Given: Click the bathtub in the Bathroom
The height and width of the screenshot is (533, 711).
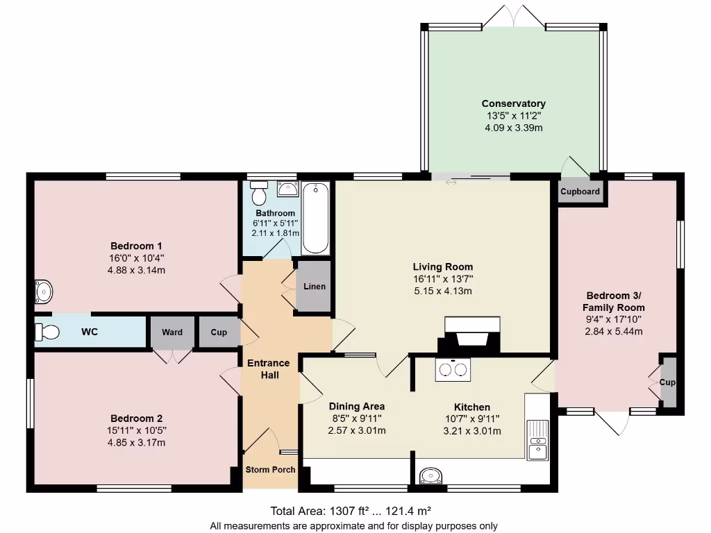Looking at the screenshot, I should pos(317,218).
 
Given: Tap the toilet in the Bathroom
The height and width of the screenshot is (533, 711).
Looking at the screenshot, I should pos(260,192).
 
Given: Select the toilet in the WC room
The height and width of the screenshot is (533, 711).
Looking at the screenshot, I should pos(47,332).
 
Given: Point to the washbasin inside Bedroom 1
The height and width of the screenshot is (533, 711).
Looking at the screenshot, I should pos(42,292).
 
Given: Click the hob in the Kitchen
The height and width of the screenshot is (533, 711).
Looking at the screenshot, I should pos(452,369).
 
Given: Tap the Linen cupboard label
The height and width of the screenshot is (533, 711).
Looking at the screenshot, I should pos(315,287).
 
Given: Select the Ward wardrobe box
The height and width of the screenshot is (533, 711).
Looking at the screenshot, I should pos(172,332).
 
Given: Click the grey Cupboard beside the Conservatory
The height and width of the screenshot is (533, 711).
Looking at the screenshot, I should pos(580,192).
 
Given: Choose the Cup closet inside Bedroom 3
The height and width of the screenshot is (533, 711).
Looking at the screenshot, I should pos(667,382).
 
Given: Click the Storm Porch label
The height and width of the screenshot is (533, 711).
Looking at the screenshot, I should pos(270,470).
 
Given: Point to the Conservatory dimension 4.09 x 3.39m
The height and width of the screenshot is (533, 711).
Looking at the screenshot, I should pos(513,128).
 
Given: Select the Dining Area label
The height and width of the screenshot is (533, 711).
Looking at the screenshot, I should pos(357,407).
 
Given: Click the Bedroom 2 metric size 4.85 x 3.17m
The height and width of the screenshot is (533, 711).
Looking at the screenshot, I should pos(136,443).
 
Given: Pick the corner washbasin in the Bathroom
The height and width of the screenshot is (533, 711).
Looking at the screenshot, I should pos(287,188).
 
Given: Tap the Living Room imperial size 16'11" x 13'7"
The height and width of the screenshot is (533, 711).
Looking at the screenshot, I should pos(442,279).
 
